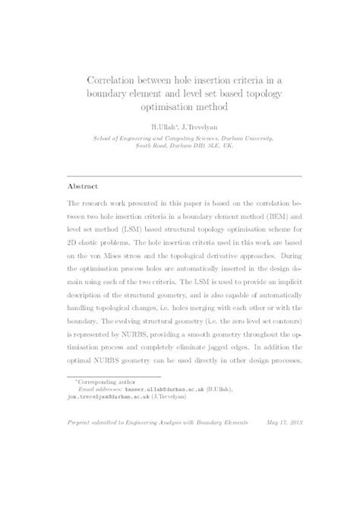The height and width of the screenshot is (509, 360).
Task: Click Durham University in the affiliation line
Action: (x=245, y=140)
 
